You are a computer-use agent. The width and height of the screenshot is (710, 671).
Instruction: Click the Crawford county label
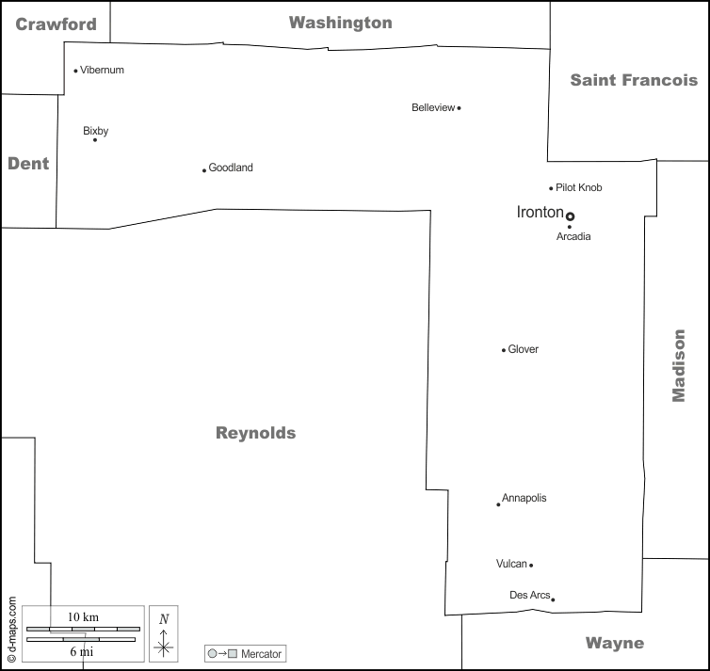coord(56,24)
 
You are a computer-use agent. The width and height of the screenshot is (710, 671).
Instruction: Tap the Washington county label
coord(340,23)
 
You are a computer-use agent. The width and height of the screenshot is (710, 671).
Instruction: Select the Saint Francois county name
coord(634,80)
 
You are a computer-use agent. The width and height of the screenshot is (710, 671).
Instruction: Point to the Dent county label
coord(28,164)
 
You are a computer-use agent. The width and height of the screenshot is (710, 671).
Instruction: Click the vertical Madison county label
coord(678,365)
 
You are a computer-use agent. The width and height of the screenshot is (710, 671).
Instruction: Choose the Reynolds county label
coord(255,434)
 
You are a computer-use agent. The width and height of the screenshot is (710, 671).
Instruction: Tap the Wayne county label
coord(615,644)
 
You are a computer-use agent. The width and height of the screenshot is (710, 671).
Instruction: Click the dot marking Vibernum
coord(75,71)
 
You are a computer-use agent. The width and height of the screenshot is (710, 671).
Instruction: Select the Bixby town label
coord(95,131)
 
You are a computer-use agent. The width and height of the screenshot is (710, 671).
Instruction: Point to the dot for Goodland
coord(204,170)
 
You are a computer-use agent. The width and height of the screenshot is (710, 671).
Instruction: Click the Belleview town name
coord(432,107)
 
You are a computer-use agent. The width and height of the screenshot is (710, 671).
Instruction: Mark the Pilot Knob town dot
coord(551,188)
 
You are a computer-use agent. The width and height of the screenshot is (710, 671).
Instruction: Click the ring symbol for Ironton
coord(570,216)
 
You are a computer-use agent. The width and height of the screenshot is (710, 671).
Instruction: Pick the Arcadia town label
coord(573,237)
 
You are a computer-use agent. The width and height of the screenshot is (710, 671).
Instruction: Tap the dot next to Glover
coord(504,350)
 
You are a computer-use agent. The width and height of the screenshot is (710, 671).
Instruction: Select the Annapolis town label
coord(524,498)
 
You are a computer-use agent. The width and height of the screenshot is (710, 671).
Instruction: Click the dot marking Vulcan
coord(531,566)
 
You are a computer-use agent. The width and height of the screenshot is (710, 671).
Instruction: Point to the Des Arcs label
coord(528,595)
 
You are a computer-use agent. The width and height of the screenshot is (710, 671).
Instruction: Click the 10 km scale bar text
coord(83,616)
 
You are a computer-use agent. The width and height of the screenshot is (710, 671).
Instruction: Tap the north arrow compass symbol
coord(164,634)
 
